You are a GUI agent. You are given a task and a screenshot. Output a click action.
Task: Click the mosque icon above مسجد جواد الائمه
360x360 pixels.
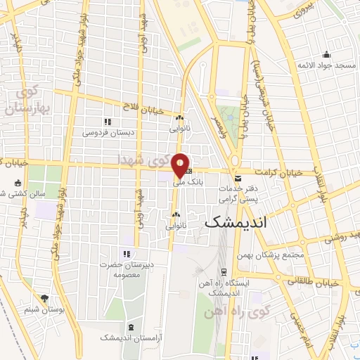[326, 55]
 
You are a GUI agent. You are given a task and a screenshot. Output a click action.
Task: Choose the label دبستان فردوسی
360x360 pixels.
[108, 132]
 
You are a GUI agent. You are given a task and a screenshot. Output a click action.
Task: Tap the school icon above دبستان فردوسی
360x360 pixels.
[108, 122]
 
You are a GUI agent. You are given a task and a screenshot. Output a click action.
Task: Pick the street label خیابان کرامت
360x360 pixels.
[297, 172]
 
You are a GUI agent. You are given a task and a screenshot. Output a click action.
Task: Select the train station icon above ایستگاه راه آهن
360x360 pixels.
[224, 272]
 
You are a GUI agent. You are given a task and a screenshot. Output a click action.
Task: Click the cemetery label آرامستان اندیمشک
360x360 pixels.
[130, 339]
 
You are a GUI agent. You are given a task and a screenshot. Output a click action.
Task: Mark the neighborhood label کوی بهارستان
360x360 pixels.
[25, 102]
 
